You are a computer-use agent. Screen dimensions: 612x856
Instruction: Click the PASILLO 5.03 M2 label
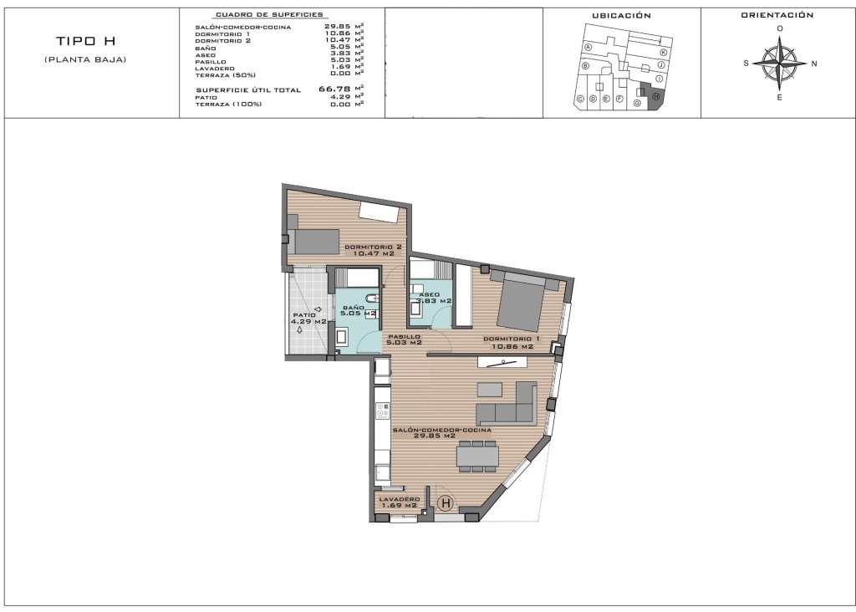pyautogui.click(x=404, y=339)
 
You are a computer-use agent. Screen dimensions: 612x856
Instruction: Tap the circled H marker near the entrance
pyautogui.click(x=446, y=503)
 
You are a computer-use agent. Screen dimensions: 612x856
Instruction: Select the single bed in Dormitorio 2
pyautogui.click(x=313, y=241)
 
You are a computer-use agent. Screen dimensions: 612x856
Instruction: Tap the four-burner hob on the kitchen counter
pyautogui.click(x=383, y=411)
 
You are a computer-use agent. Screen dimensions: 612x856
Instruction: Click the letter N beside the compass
pyautogui.click(x=814, y=64)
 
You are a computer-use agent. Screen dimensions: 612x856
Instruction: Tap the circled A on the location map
pyautogui.click(x=588, y=48)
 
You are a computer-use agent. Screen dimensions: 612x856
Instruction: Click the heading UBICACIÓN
pyautogui.click(x=621, y=16)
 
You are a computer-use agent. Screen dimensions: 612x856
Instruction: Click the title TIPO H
pyautogui.click(x=85, y=41)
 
